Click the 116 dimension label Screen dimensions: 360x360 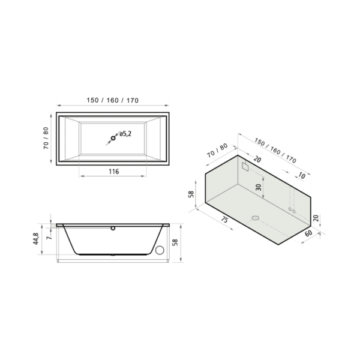tap(113, 172)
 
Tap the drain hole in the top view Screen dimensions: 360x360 tap(111, 139)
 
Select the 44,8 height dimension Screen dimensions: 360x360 tap(36, 239)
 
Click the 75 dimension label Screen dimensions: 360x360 tap(223, 220)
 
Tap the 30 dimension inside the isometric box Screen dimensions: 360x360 tap(259, 187)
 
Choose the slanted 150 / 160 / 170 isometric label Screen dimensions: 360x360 tap(275, 150)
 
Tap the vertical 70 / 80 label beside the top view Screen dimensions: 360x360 tap(47, 138)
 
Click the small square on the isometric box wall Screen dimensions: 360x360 tap(244, 167)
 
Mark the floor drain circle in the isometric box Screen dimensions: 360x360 tap(254, 218)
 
